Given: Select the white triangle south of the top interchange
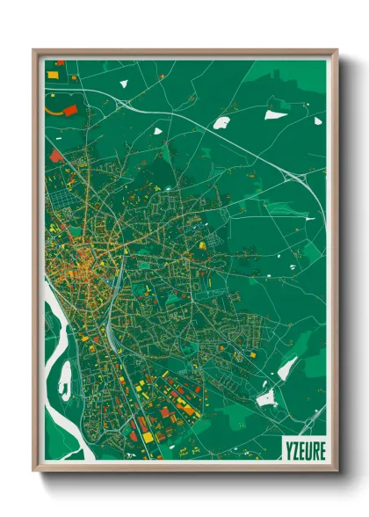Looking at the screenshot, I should (158, 131).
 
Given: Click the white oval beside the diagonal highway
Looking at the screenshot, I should (221, 122).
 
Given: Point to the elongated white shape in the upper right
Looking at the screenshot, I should (276, 113).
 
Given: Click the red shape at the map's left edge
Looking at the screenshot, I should (55, 156).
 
